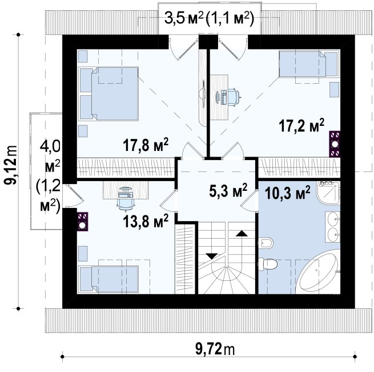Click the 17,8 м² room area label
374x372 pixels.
[146, 145]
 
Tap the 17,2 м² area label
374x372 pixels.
[301, 125]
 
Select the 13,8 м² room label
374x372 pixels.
[146, 221]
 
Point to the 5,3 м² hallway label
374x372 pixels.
[228, 190]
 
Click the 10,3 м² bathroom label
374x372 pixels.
[288, 193]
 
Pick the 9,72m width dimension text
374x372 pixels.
[215, 349]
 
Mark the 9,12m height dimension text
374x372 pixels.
[11, 165]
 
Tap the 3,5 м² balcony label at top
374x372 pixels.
[184, 19]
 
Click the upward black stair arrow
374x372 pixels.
[242, 233]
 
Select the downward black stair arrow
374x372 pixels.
[212, 256]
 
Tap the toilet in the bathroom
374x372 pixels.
[268, 264]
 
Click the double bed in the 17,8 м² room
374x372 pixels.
[109, 93]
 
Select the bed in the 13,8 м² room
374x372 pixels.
[109, 279]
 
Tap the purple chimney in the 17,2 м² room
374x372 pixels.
[335, 144]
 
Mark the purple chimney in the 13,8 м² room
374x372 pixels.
[83, 222]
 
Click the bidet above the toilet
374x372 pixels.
[266, 243]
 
